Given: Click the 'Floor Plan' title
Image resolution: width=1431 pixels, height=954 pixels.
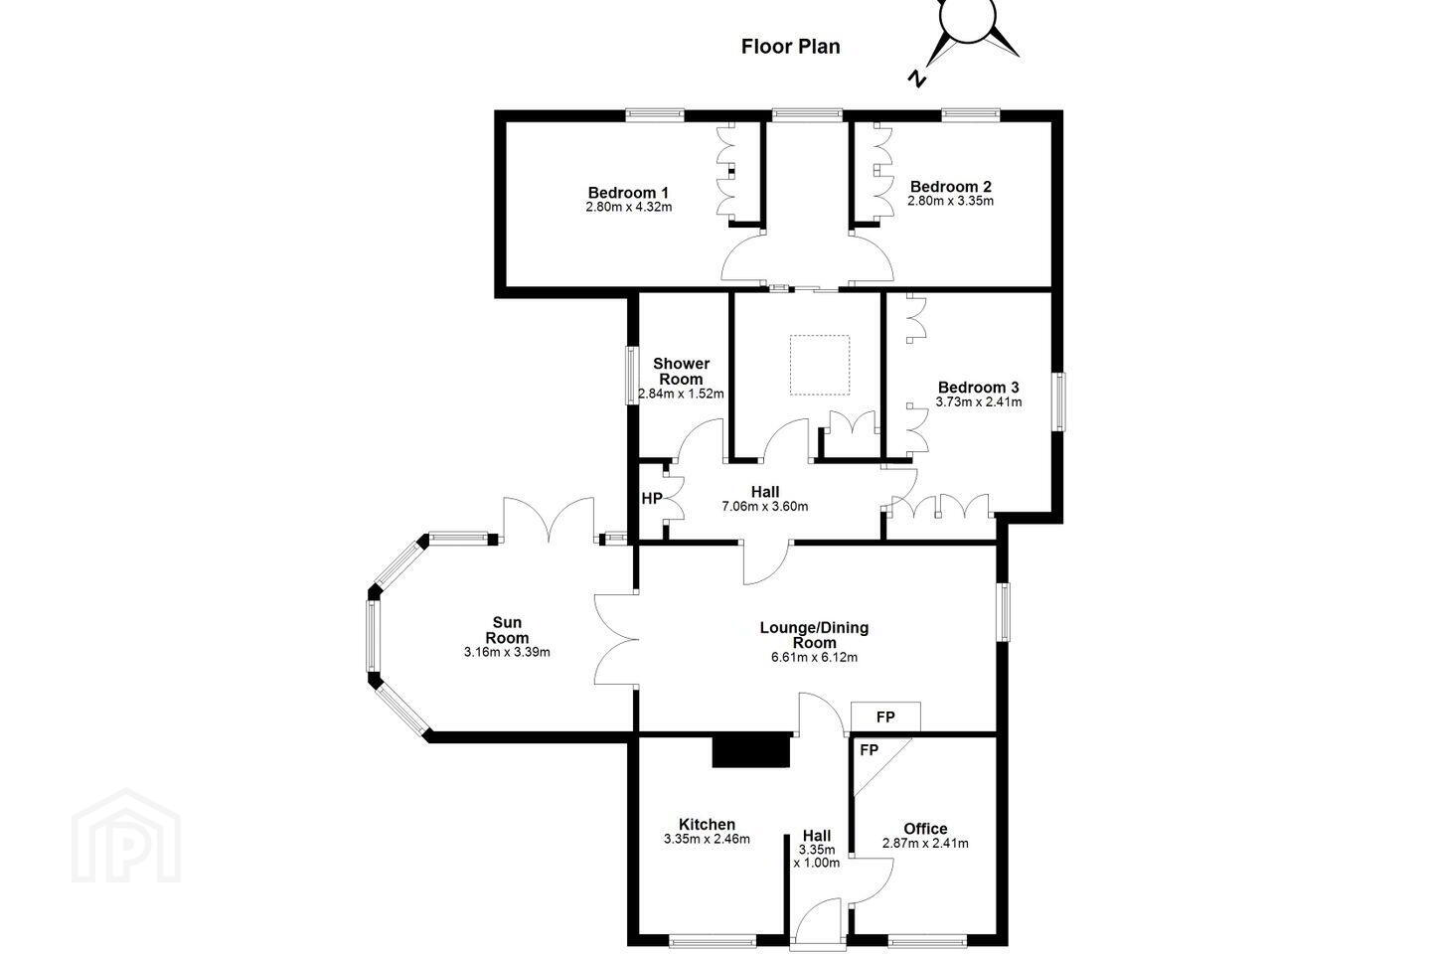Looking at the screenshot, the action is point(790,47).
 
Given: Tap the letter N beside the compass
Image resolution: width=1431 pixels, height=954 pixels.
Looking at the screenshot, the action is point(917,78).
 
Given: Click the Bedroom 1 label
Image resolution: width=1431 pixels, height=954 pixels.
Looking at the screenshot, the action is point(628,193).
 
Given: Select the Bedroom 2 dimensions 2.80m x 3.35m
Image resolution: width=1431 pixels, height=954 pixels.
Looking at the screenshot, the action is point(951,202).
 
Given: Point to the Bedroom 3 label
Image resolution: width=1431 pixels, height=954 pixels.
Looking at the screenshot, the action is point(978,388).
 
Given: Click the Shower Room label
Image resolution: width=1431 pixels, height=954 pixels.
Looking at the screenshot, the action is point(681,372).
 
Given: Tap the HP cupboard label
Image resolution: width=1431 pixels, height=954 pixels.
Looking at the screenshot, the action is point(651,499).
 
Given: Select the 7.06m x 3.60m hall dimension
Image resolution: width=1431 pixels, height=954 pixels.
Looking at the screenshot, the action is point(765,507).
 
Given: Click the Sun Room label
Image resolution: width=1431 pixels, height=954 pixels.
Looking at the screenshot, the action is point(507,630).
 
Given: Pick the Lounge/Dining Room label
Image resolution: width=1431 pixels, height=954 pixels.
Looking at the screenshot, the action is point(814,635).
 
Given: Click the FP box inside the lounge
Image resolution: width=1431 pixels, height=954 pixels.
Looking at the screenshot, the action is point(885,716).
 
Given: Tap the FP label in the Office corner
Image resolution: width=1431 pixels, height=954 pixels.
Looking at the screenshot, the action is point(869,750).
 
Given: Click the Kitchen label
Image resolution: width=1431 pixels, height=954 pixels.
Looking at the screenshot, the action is point(707,824).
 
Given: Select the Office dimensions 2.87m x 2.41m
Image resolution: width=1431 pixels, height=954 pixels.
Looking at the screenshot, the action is point(925,844).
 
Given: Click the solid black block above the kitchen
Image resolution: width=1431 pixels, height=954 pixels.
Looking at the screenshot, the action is point(751,751).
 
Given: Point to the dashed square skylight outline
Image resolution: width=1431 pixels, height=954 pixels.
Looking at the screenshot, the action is point(820,365).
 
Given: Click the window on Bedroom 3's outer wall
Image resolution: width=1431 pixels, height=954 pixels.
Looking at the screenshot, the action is point(1058,401).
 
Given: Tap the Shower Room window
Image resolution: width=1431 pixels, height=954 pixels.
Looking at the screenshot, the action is point(632,375).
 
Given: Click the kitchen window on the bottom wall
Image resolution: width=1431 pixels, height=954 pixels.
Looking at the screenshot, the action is point(712,940).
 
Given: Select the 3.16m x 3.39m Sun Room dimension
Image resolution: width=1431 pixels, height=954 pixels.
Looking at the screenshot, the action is point(507,653).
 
